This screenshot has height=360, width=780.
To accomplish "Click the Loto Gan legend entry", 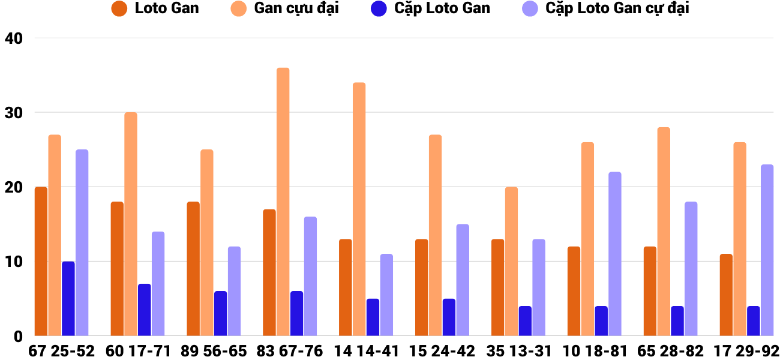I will pos(156,9).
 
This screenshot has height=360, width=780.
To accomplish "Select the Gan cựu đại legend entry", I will pos(285,9).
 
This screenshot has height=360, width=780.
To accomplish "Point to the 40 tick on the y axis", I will pos(13,38).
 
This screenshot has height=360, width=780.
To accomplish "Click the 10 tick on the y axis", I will pos(13,262).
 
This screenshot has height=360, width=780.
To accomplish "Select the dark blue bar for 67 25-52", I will pos(68,298).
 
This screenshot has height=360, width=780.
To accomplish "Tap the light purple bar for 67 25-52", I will pos(82,242).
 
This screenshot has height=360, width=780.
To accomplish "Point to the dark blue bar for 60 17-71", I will pos(145,310).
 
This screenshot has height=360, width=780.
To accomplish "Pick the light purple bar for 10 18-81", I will pos(615,254).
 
